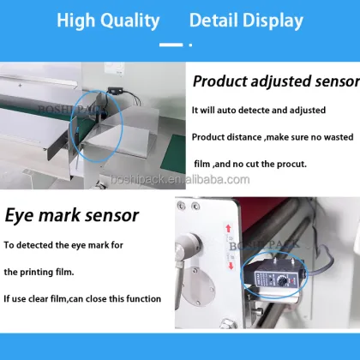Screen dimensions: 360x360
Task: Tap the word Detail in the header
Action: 219,21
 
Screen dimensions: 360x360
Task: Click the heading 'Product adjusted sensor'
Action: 274,82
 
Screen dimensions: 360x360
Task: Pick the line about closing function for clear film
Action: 82,297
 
